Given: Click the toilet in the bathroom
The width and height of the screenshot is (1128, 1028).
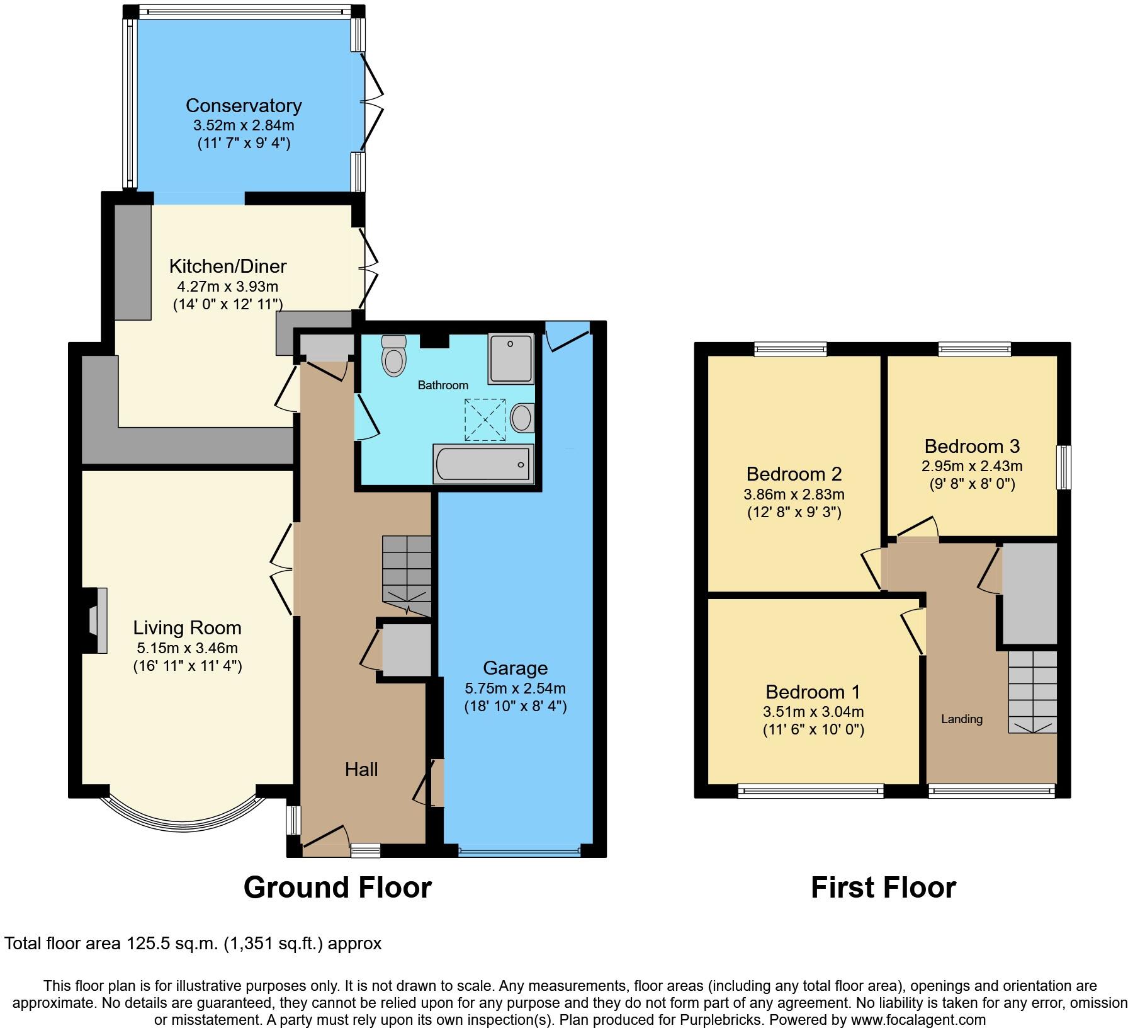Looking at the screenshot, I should click(x=394, y=357).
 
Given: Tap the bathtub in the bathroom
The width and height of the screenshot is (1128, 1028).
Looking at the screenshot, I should click(x=483, y=464).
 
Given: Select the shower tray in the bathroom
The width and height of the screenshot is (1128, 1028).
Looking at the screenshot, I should click(x=510, y=358).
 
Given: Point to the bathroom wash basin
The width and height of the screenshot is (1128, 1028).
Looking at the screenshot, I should click(x=522, y=418).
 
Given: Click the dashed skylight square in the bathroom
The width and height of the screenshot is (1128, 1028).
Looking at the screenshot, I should click(x=485, y=420).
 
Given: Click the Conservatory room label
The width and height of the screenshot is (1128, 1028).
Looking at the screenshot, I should click(x=243, y=105).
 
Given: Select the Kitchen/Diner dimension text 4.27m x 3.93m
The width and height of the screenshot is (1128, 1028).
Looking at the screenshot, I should click(x=227, y=287).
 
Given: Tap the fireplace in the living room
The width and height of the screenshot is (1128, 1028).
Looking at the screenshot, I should click(x=96, y=620).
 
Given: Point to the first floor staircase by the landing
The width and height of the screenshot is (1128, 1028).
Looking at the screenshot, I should click(x=1032, y=692).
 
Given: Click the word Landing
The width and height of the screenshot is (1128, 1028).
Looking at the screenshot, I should click(x=961, y=719).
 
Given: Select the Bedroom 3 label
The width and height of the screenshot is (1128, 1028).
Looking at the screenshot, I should click(x=972, y=446).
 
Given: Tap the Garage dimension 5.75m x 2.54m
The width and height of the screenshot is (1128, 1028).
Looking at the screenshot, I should click(x=515, y=688).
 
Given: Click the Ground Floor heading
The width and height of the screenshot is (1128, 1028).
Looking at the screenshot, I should click(x=337, y=888).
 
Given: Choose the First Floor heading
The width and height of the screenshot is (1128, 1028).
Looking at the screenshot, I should click(x=883, y=888).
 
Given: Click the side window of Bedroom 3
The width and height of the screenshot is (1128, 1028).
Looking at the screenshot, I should click(x=1063, y=467).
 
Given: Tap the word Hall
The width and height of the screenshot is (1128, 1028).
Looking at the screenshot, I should click(x=361, y=769).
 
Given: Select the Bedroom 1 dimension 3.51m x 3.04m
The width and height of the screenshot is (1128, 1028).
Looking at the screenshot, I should click(x=813, y=712).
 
